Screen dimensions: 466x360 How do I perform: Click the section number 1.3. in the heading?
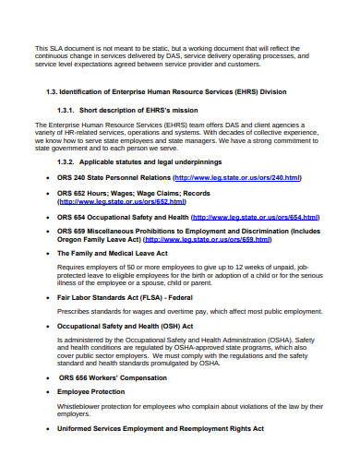pos(54,93)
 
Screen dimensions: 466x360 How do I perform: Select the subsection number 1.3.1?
pos(69,109)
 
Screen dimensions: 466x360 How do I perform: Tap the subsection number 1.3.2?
pos(69,160)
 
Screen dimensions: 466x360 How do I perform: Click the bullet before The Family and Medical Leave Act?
pos(47,252)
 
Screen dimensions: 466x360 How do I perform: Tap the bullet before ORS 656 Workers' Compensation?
pos(47,377)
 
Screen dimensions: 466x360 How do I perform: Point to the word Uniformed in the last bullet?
pos(75,428)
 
